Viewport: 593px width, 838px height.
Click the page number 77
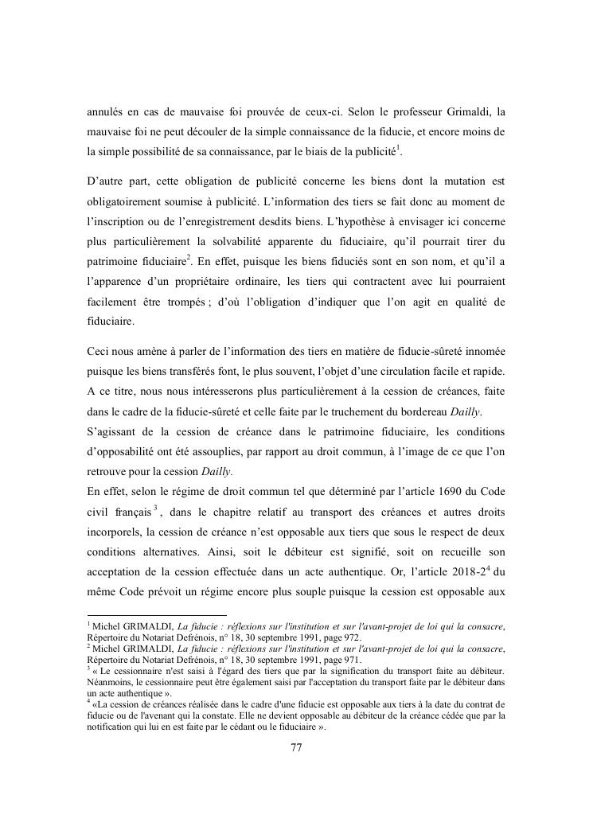[x=296, y=747]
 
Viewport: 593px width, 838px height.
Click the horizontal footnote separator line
[x=157, y=614]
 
